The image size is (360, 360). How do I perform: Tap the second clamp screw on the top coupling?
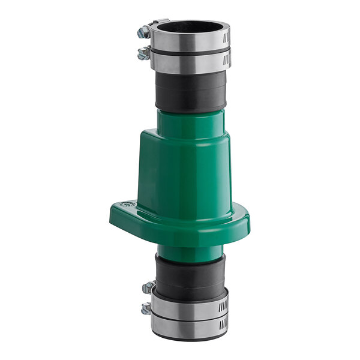(143, 54)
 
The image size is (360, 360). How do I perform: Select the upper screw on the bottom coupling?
(148, 287)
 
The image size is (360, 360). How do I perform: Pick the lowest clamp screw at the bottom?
(146, 309)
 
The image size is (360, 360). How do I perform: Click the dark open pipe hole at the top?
(188, 26)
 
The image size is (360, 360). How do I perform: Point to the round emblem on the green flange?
(127, 205)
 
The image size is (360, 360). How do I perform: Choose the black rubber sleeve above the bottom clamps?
(190, 273)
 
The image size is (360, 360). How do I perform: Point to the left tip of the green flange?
(113, 211)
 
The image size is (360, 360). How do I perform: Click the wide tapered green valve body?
(190, 174)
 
